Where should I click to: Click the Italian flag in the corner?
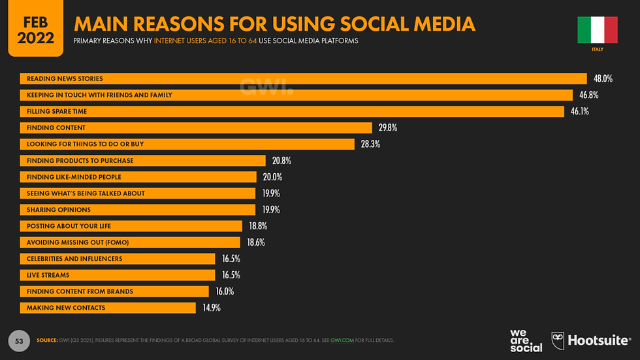597,30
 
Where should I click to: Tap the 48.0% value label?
603,78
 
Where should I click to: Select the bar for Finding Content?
196,127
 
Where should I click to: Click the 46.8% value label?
588,95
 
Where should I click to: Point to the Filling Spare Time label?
57,111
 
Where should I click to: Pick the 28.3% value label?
370,144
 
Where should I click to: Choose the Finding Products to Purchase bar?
143,161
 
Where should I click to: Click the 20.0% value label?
273,177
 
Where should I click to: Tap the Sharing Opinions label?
59,210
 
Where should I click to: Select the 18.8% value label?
258,226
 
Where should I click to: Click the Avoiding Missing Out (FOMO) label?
78,242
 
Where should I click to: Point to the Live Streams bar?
118,275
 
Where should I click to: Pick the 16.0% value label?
225,291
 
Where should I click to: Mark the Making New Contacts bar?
108,308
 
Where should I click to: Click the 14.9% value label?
212,308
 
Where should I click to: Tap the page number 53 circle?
19,341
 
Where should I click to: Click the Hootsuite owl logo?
558,340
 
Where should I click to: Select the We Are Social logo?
526,340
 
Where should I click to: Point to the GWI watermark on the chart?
266,87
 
